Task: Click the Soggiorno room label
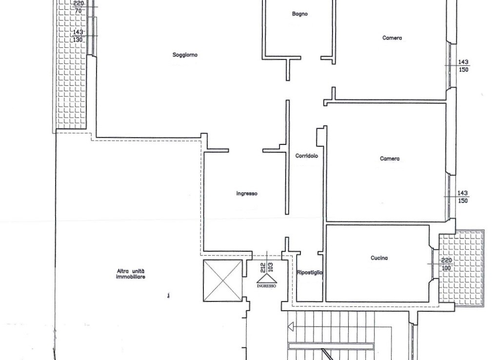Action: pos(185,55)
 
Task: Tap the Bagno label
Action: pos(299,14)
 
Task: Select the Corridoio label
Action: pos(307,156)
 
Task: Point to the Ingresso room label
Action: pos(247,194)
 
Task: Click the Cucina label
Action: pos(379,258)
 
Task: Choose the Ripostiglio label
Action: pos(310,273)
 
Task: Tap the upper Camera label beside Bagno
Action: pos(392,38)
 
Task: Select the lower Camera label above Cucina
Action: pos(390,159)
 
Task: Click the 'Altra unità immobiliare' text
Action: pos(131,274)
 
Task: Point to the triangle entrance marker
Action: pos(267,279)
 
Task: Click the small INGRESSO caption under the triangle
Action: pos(267,286)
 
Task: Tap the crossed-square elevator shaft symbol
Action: pos(223,280)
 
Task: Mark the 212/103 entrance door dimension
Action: pos(267,267)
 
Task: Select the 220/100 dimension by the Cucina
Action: pos(447,264)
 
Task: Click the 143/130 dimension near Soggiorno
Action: pos(78,36)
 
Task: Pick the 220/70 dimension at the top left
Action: pos(78,7)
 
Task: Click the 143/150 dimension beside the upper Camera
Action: pos(463,66)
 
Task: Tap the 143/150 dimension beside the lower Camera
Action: pos(462,197)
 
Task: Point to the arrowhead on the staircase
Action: pos(291,327)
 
